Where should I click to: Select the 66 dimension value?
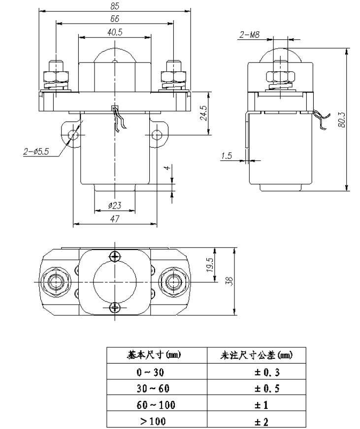tap(114, 19)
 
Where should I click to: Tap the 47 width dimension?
tap(114, 219)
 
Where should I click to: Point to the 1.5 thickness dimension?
tap(226, 156)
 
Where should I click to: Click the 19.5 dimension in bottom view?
tap(210, 266)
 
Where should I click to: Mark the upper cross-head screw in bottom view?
tap(115, 256)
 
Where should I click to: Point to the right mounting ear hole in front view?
tap(157, 134)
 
